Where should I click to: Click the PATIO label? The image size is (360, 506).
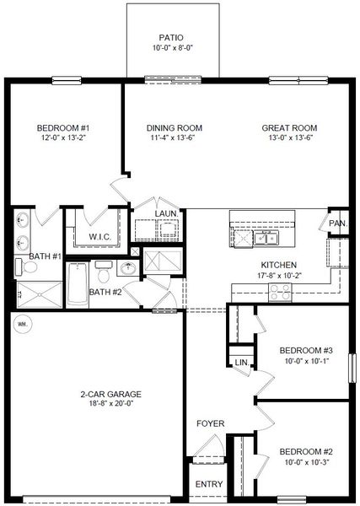[166, 37]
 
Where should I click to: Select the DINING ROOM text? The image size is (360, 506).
[167, 128]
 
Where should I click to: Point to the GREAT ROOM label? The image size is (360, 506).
[288, 128]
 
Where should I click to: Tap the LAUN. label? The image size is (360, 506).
[165, 214]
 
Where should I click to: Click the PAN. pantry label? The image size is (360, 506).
[337, 223]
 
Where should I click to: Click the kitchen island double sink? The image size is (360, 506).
[268, 239]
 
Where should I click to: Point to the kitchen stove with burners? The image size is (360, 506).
[279, 292]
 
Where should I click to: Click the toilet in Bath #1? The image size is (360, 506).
[27, 267]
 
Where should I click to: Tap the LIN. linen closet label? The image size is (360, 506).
[242, 362]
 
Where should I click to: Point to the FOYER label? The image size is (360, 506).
[209, 423]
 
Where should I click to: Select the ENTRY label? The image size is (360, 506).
[208, 484]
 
